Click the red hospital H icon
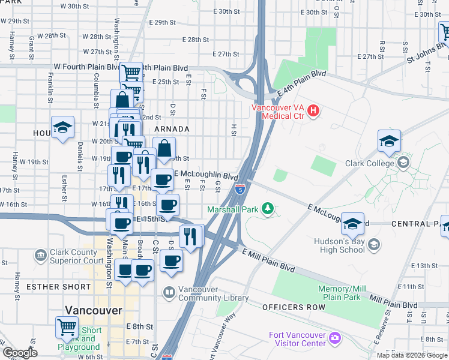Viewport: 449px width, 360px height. point(313,111)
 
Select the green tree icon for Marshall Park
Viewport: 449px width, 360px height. point(270,209)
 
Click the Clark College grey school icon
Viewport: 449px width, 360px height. point(403,163)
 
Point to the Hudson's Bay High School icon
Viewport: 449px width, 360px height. point(374,244)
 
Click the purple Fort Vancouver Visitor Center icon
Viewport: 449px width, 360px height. point(334,340)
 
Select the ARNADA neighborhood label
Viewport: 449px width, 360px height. point(172,129)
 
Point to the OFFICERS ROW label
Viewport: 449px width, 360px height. point(294,307)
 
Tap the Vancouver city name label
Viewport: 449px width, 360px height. point(94,310)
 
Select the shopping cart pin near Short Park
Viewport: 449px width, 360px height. point(67,328)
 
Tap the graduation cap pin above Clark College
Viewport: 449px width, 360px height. point(389,142)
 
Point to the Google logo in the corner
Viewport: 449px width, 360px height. point(20,353)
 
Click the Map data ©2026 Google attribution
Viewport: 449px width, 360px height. point(412,355)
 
